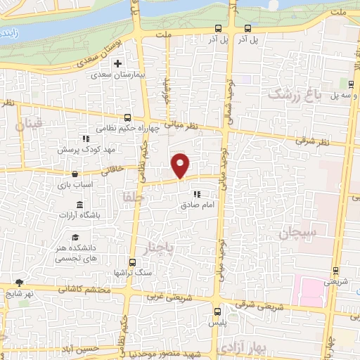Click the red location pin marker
coord(181,165)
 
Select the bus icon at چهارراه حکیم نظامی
coord(127,117)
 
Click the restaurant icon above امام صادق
coord(198,193)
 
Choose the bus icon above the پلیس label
coord(217,309)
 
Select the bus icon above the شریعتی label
coord(335,270)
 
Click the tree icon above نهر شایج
coord(19,283)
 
